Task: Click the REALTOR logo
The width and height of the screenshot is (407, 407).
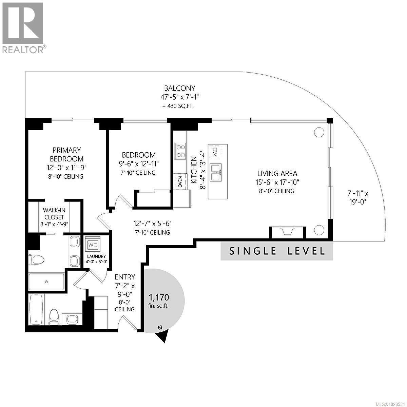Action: [23, 27]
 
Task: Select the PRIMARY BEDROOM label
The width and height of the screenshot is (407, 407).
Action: [66, 154]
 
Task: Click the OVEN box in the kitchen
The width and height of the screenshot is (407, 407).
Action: [180, 181]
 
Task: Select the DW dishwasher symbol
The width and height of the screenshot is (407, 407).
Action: [215, 152]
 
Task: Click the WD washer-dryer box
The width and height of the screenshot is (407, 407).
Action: [92, 245]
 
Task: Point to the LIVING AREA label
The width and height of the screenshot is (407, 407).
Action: [277, 173]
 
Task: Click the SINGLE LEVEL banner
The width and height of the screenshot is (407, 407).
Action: [277, 251]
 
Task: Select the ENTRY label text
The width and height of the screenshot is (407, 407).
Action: [125, 277]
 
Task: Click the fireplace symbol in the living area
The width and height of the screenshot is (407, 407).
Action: [288, 231]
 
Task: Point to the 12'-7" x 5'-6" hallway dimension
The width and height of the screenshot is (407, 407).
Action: [153, 224]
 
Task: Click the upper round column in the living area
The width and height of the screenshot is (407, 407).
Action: [319, 132]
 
